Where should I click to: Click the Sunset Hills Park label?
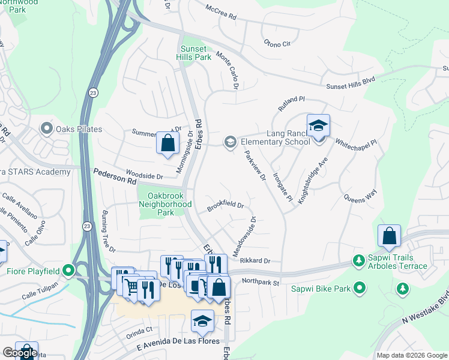195,53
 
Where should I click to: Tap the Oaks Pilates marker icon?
46,129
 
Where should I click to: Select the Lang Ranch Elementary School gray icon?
229,142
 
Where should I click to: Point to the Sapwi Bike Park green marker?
360,289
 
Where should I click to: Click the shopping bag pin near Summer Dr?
168,143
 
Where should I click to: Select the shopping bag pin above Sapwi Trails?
389,236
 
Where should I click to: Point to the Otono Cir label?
277,43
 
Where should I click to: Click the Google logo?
20,353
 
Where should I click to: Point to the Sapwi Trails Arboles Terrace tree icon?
359,261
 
